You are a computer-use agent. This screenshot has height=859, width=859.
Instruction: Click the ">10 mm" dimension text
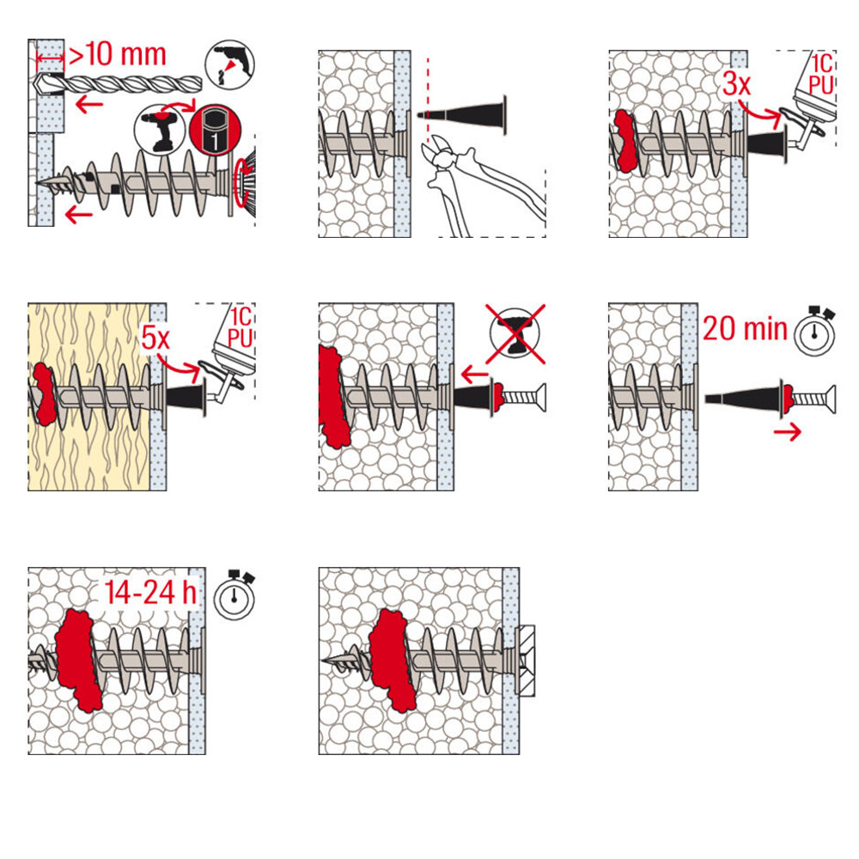(x=117, y=55)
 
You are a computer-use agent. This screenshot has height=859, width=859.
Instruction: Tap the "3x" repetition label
(x=736, y=84)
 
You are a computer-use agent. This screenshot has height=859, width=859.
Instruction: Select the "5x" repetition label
(x=155, y=338)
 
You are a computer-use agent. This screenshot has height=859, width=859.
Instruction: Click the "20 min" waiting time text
(x=745, y=329)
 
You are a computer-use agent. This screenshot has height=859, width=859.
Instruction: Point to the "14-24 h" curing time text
(x=150, y=592)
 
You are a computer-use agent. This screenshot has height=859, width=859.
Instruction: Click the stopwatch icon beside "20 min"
(x=815, y=331)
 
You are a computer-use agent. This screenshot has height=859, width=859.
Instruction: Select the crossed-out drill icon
(x=515, y=333)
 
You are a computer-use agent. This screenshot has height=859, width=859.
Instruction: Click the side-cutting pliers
(x=482, y=186)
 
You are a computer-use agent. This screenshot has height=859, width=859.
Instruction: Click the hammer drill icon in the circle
(x=230, y=64)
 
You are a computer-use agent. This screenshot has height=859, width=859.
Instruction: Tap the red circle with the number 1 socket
(x=216, y=131)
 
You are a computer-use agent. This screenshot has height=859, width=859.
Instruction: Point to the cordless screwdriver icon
(x=160, y=131)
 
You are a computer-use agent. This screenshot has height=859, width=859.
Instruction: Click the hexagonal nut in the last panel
(x=526, y=661)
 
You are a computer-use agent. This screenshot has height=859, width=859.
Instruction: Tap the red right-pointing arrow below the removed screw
(x=787, y=432)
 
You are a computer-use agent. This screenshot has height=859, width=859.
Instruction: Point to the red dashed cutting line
(x=428, y=99)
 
